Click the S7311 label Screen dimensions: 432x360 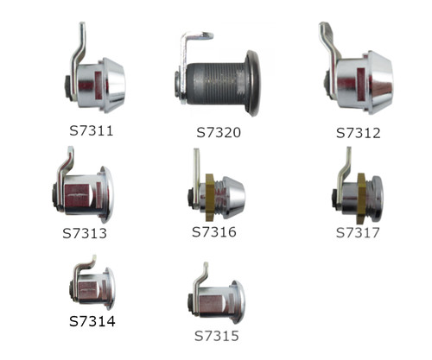click(92, 131)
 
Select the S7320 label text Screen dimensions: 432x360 click(219, 132)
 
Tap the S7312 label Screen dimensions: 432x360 click(359, 133)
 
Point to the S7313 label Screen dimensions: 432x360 click(85, 233)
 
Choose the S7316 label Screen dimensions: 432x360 click(214, 232)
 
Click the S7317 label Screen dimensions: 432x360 click(358, 232)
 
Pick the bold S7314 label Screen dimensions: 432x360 click(92, 321)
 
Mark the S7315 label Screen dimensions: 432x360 click(217, 336)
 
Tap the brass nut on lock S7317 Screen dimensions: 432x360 click(361, 198)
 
